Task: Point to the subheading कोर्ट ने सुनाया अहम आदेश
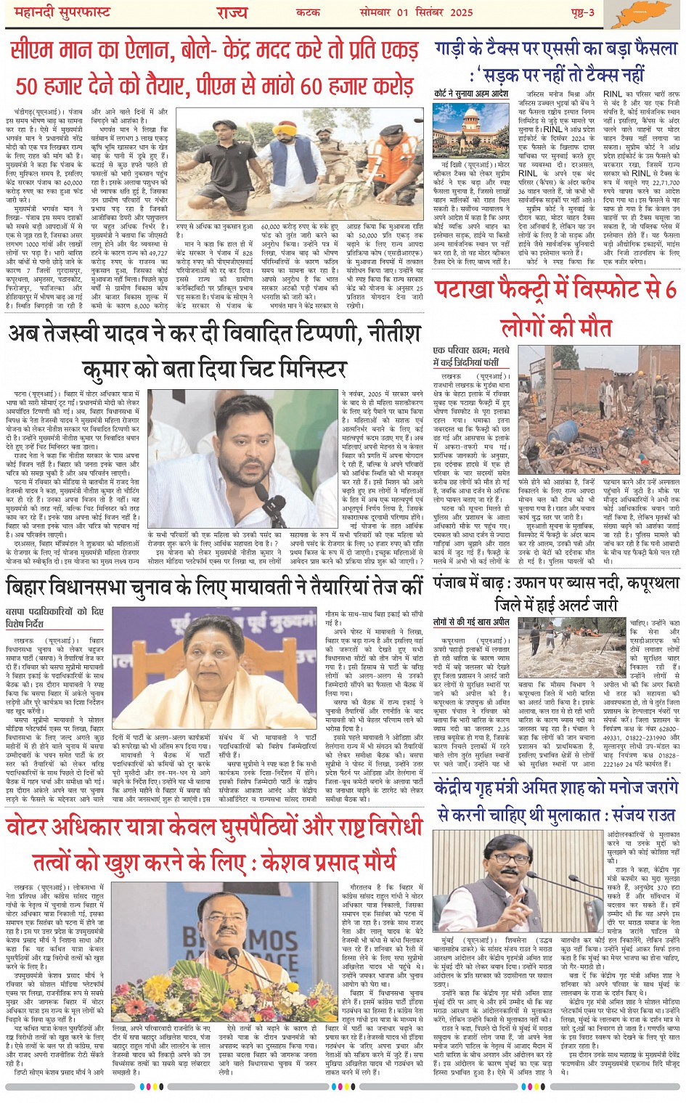[x=470, y=94]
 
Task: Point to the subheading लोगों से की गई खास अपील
[x=471, y=622]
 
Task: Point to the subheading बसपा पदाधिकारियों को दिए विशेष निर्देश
[x=54, y=617]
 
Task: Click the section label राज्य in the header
[x=232, y=12]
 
